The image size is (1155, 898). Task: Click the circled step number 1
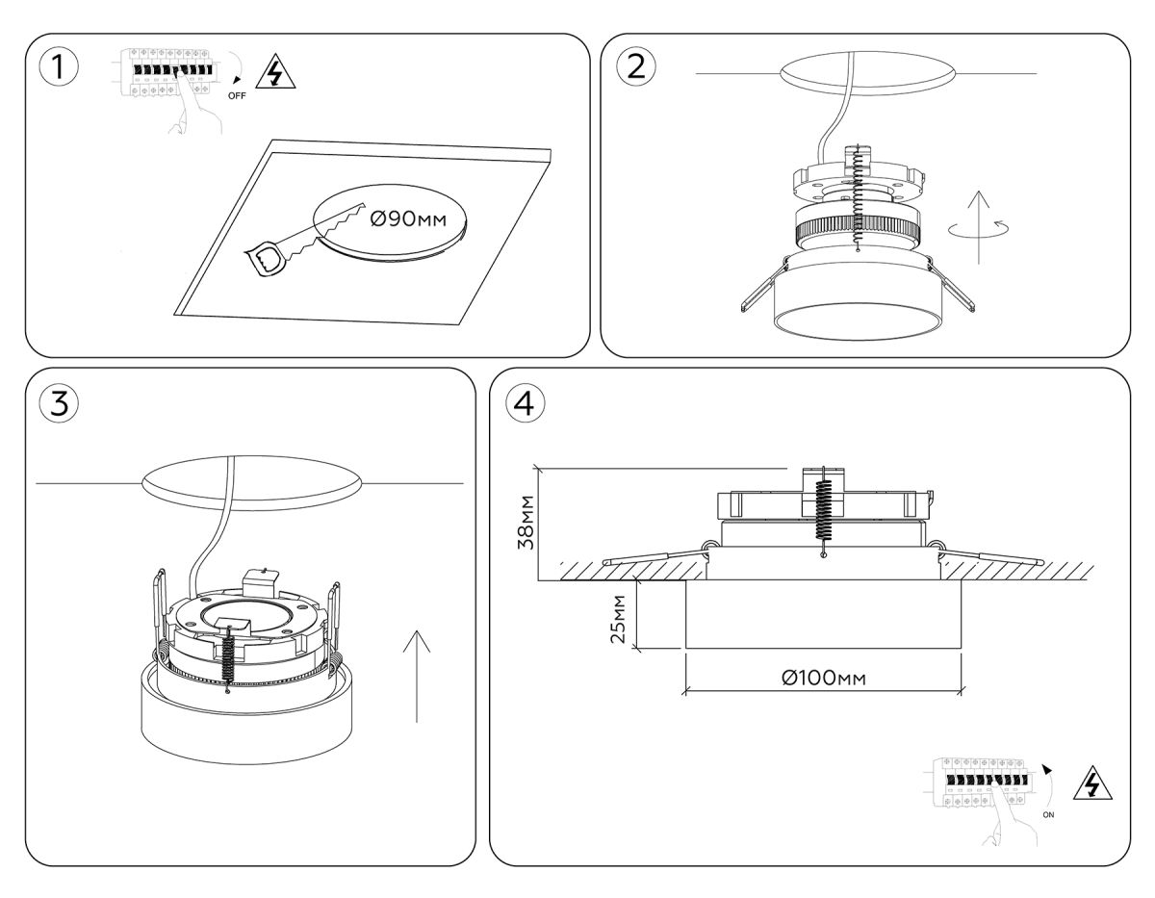pyautogui.click(x=60, y=69)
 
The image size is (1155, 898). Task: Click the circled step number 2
pyautogui.click(x=636, y=65)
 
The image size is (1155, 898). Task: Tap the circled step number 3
pyautogui.click(x=60, y=403)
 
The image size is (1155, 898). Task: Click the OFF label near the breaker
pyautogui.click(x=237, y=96)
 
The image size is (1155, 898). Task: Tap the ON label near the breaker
pyautogui.click(x=1048, y=814)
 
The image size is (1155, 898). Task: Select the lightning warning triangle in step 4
pyautogui.click(x=1091, y=783)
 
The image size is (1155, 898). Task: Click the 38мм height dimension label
pyautogui.click(x=526, y=524)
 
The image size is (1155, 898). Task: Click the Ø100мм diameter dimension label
pyautogui.click(x=823, y=679)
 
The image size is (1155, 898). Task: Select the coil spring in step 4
pyautogui.click(x=823, y=510)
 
